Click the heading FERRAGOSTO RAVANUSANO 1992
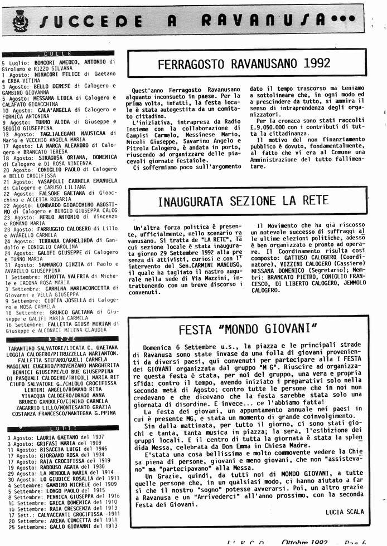click(244, 64)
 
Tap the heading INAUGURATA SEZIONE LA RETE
click(243, 201)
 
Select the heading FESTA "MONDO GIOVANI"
click(248, 327)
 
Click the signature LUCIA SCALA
click(344, 511)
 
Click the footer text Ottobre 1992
click(304, 542)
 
